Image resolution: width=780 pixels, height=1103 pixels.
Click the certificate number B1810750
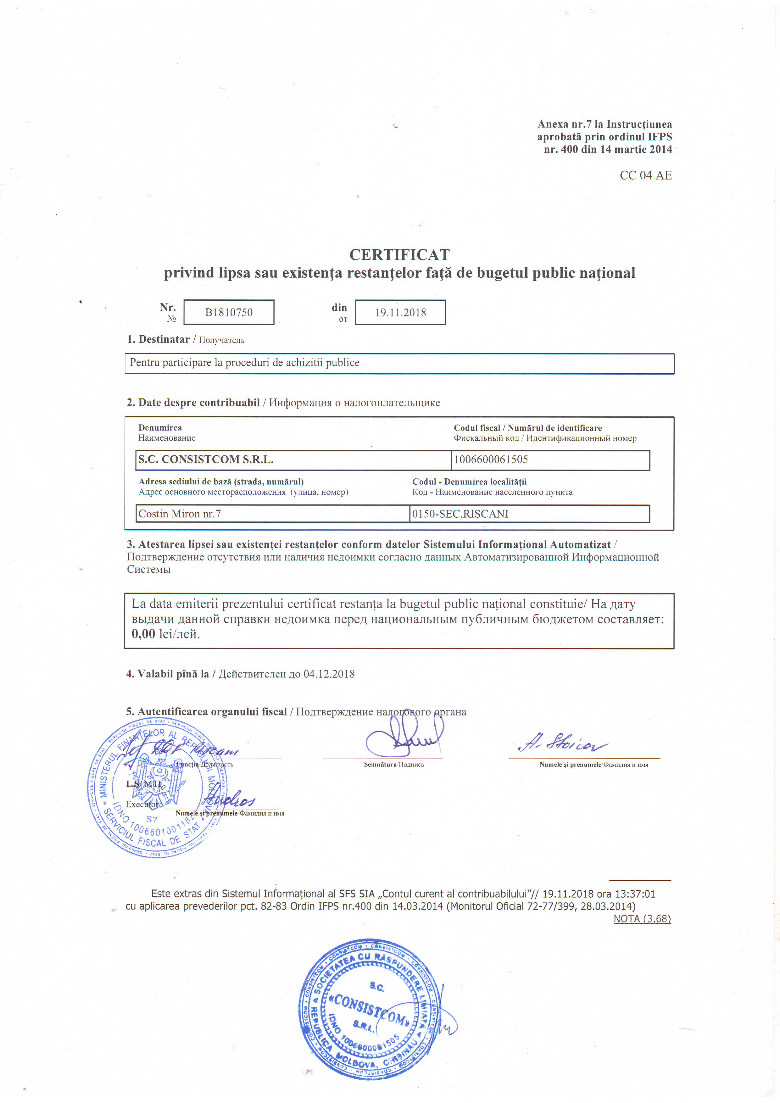pyautogui.click(x=229, y=312)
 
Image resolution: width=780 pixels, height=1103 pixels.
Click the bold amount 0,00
pyautogui.click(x=143, y=634)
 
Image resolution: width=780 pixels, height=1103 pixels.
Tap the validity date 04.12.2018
pyautogui.click(x=329, y=674)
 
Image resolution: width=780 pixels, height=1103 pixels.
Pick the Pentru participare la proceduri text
pyautogui.click(x=244, y=363)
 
